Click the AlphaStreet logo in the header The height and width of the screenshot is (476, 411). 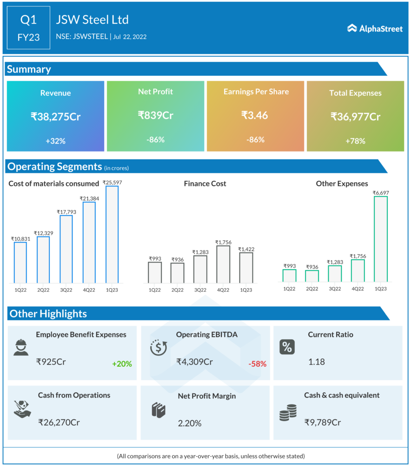[375, 28]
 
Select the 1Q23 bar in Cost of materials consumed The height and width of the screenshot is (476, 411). [112, 234]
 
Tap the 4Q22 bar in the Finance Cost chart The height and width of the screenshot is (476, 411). [223, 264]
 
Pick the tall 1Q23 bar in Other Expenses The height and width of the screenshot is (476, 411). [381, 239]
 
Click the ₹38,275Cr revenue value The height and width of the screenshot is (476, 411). [56, 117]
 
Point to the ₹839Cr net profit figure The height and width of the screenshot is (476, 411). [155, 115]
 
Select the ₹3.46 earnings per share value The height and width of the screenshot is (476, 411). [255, 115]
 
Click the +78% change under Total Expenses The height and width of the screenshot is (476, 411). [355, 141]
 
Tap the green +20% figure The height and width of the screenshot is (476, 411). [122, 364]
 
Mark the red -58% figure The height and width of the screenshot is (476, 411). [257, 364]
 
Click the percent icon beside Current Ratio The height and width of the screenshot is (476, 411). [286, 347]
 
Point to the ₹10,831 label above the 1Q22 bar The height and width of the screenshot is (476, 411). [20, 238]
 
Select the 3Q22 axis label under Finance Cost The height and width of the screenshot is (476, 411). [200, 290]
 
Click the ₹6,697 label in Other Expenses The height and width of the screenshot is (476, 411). [381, 192]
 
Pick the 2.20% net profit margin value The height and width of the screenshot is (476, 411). [190, 423]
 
